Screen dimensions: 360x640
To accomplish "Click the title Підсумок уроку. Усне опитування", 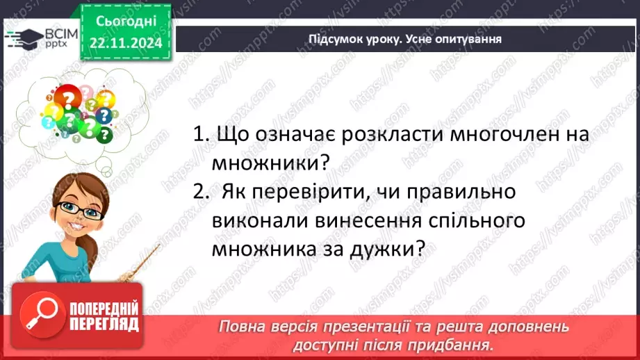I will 404,39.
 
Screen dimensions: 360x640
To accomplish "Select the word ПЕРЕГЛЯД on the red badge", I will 104,324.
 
